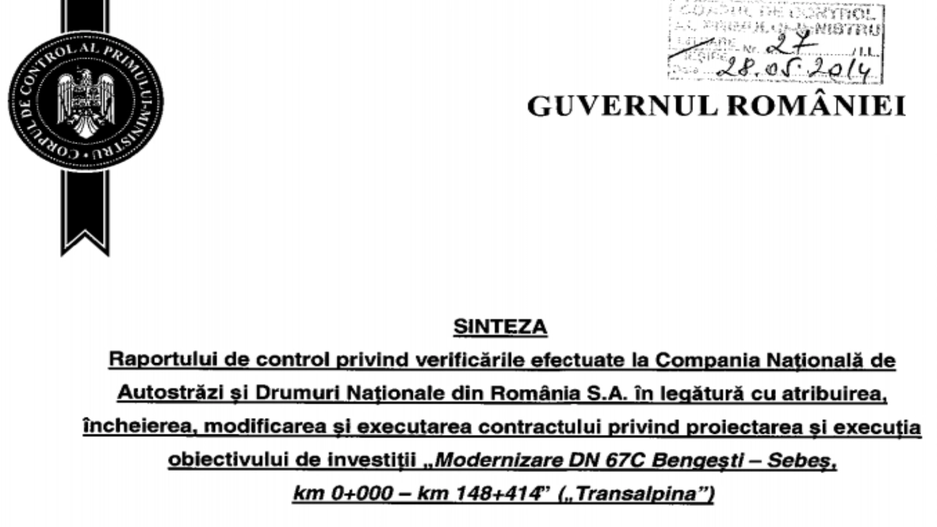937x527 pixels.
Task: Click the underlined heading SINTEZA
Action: pos(500,327)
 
